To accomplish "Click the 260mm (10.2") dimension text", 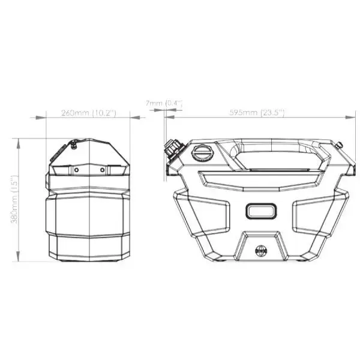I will (88, 113).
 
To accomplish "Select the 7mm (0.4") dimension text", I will (163, 104).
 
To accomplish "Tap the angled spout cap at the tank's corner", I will (173, 148).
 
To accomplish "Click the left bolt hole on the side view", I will (78, 170).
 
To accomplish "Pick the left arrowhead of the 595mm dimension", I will (168, 117).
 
